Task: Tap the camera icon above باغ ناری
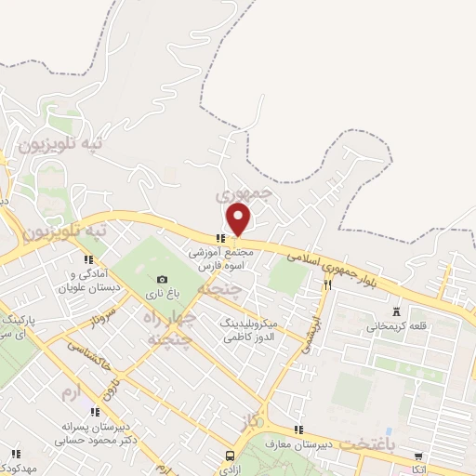click(163, 279)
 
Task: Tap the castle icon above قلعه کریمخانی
click(398, 311)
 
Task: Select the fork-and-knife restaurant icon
click(327, 287)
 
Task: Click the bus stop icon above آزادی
click(230, 456)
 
